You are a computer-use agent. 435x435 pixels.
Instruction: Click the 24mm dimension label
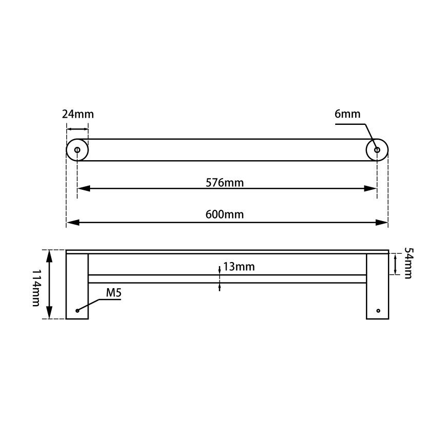[78, 114]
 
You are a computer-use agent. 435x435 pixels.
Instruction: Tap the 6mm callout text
[347, 114]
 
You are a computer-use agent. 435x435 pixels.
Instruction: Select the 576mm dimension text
[224, 183]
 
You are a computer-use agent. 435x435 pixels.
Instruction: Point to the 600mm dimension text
[224, 214]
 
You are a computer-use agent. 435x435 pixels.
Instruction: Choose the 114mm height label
[35, 288]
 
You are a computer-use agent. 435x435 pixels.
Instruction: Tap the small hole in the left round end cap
[77, 150]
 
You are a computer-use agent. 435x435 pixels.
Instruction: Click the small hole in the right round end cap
[377, 150]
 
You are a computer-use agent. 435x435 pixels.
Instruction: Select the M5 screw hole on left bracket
[77, 311]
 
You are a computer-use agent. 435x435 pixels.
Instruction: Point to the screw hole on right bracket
[379, 311]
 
